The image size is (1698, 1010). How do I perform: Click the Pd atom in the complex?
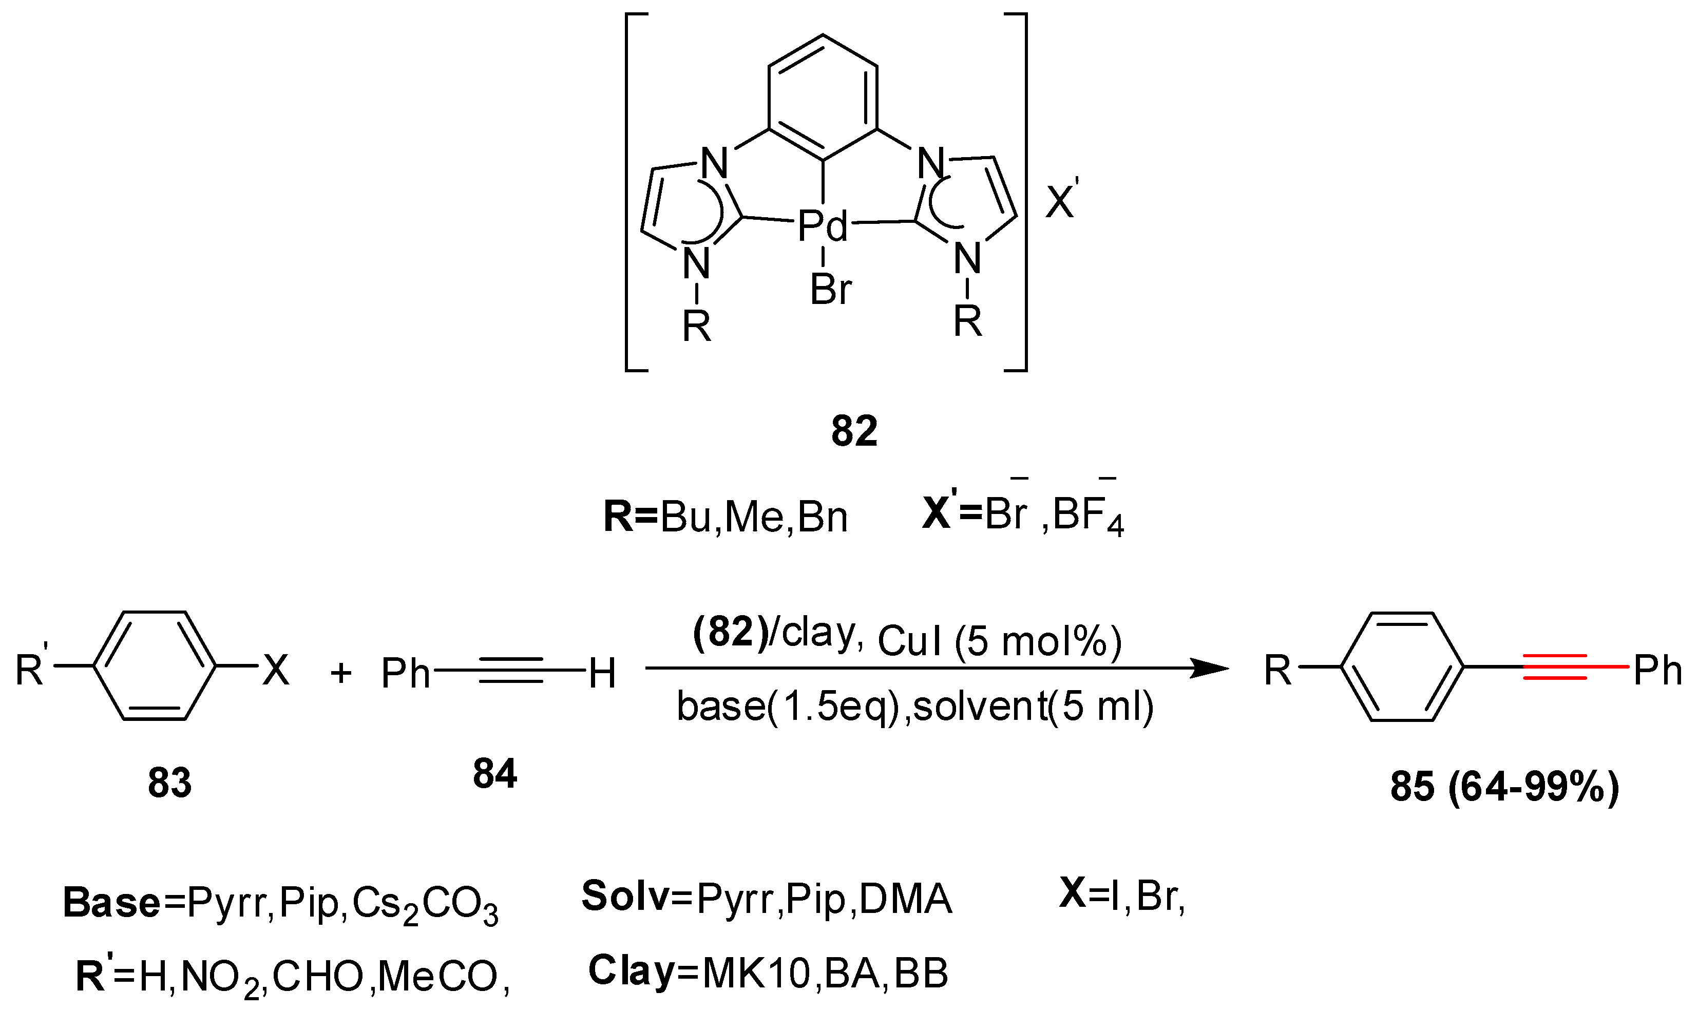822,226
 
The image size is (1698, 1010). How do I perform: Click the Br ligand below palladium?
830,289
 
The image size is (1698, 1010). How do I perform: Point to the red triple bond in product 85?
1555,668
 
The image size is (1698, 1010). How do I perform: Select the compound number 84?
495,774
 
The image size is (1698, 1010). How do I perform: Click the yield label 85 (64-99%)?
1504,788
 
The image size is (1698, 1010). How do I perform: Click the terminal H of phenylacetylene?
602,674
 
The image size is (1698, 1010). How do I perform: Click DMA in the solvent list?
905,900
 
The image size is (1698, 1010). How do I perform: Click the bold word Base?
111,903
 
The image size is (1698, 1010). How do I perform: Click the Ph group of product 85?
1657,671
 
